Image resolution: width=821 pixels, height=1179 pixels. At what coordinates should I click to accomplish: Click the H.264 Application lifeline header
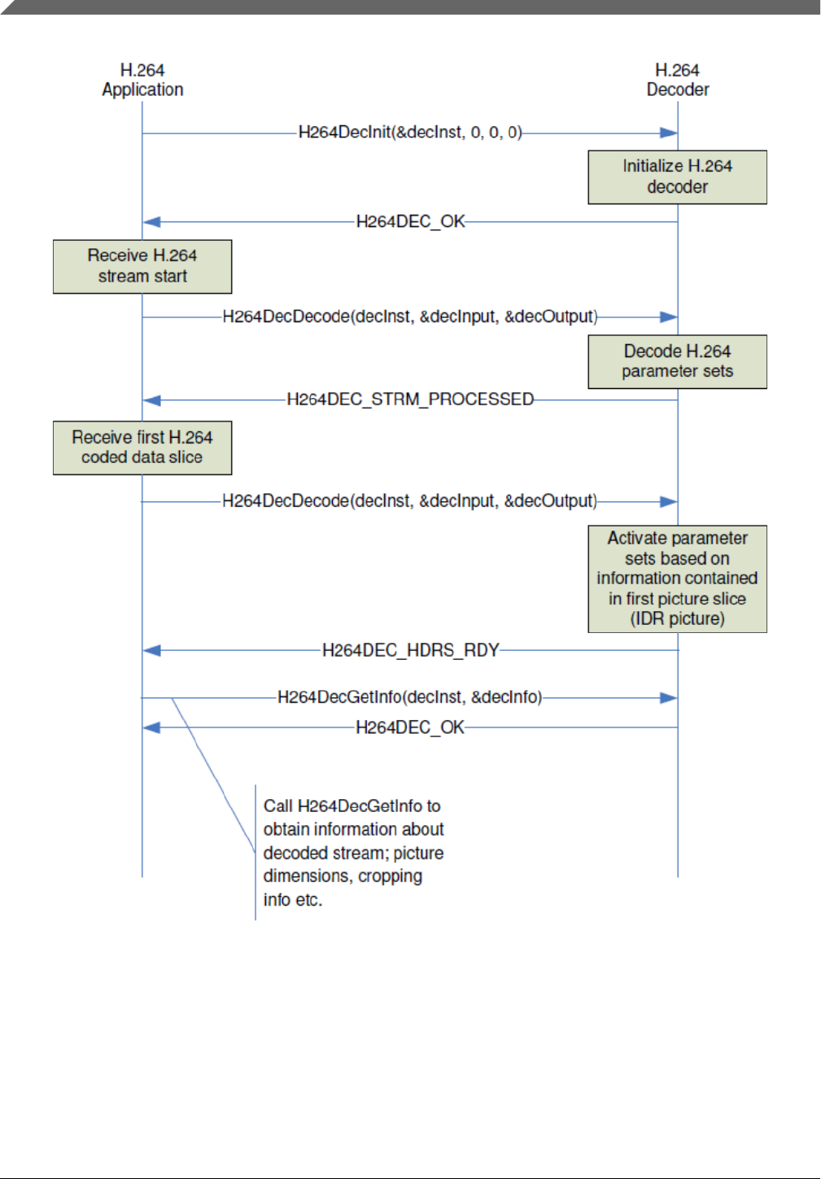click(x=142, y=80)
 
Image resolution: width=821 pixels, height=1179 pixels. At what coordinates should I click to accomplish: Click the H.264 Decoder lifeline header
click(x=677, y=80)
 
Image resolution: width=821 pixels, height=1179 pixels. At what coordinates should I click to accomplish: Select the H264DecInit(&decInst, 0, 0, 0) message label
click(x=410, y=132)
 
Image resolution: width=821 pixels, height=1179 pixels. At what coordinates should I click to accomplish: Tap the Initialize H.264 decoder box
click(x=677, y=177)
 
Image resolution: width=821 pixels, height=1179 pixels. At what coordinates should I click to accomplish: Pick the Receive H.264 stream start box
click(x=142, y=266)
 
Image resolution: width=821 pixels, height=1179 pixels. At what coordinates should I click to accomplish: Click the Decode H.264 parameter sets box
click(x=677, y=361)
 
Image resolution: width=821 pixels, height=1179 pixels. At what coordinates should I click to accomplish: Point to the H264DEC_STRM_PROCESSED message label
click(x=410, y=400)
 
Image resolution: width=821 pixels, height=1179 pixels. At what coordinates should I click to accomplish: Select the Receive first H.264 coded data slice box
click(x=142, y=448)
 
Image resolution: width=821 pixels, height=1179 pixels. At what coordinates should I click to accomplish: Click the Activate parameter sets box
click(x=677, y=579)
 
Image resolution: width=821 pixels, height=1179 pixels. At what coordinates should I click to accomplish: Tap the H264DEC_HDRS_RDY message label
click(x=410, y=651)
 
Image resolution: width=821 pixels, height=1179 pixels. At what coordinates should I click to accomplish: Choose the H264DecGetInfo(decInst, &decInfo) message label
click(x=409, y=697)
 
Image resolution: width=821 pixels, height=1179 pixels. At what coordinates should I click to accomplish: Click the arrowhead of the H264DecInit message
click(x=669, y=133)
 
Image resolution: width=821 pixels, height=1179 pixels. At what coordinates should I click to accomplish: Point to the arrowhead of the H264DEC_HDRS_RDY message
click(x=151, y=651)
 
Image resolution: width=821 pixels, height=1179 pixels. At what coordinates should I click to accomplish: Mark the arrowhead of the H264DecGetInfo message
click(x=669, y=698)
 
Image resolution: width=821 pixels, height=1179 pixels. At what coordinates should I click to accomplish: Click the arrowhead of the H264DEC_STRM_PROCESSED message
click(x=151, y=400)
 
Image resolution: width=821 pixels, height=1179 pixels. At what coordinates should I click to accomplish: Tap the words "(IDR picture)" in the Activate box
click(x=677, y=618)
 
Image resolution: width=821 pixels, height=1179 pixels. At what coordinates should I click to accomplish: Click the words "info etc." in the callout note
click(x=293, y=900)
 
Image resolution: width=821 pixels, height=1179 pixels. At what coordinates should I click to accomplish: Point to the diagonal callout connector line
click(x=214, y=775)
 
